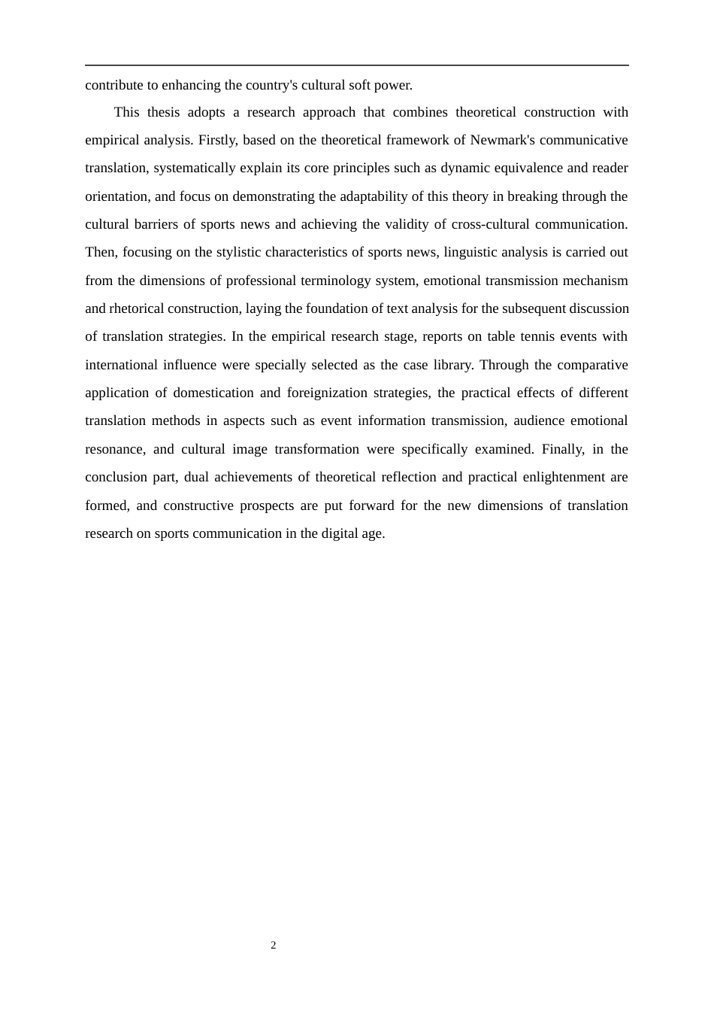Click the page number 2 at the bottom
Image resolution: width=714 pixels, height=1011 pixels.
point(274,946)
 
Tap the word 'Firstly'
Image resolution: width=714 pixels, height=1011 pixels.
point(217,140)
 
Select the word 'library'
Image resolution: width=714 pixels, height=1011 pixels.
point(453,365)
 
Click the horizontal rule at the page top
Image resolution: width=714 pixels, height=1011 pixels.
point(357,65)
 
